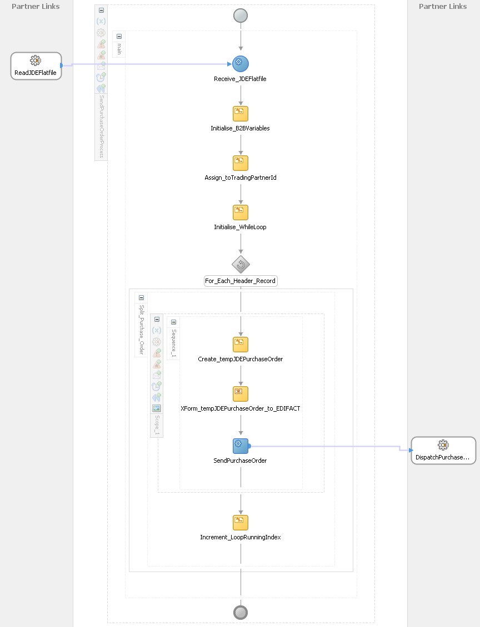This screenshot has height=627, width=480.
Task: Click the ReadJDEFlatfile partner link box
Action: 36,65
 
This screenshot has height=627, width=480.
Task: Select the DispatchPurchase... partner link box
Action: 443,450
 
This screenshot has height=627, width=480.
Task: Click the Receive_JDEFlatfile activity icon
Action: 241,64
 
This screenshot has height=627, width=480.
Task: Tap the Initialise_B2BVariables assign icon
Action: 241,114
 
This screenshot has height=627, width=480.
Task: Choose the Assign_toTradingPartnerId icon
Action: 241,163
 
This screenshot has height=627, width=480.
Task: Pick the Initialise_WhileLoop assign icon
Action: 241,213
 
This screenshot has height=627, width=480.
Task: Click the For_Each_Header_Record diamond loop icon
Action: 241,265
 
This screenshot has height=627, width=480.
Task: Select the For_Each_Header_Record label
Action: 241,281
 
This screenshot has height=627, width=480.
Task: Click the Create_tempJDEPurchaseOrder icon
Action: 241,345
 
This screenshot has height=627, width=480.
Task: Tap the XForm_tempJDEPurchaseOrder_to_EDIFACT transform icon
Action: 241,394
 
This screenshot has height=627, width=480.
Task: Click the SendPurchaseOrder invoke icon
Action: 241,446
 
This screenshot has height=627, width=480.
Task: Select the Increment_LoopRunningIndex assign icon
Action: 241,523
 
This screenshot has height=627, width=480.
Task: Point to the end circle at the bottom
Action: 241,613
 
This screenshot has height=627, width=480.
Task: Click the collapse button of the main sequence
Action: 119,36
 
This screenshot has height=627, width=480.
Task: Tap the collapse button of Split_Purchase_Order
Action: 141,298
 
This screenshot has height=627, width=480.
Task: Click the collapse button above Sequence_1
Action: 173,322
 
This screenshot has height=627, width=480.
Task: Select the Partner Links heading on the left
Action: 36,6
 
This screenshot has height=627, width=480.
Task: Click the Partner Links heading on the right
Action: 443,6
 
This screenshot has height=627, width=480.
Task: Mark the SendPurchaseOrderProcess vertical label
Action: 101,127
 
